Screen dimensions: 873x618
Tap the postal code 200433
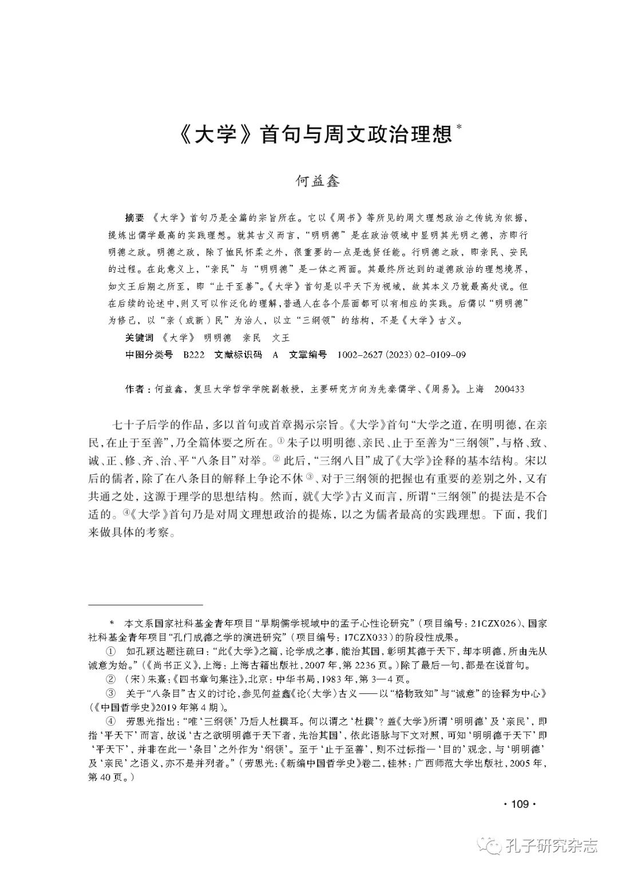[x=505, y=389]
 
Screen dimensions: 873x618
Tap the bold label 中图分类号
[x=149, y=355]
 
